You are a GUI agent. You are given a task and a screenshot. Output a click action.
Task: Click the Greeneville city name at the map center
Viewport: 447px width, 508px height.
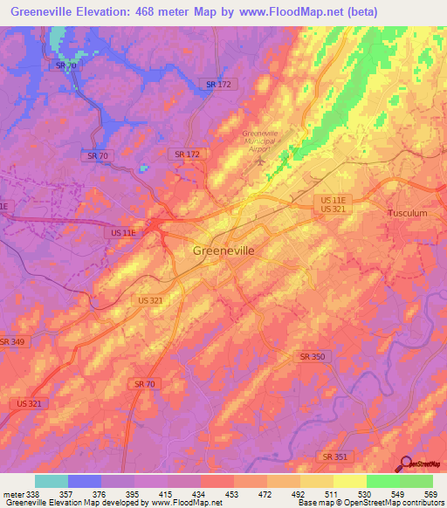tap(223, 251)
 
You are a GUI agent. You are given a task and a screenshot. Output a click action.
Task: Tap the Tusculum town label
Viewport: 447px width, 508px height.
tap(407, 213)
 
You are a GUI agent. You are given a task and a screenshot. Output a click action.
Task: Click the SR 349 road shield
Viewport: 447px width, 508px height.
tap(12, 341)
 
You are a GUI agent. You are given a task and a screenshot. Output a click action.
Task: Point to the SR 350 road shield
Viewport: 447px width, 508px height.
tap(313, 357)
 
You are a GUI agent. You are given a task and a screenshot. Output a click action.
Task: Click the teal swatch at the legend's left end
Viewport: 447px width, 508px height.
tap(51, 481)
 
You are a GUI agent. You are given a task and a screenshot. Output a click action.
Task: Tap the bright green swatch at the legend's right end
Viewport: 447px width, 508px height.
tap(416, 481)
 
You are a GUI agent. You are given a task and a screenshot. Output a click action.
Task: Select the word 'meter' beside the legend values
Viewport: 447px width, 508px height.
tap(11, 494)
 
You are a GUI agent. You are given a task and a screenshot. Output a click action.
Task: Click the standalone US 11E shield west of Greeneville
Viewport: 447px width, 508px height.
tap(123, 233)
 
